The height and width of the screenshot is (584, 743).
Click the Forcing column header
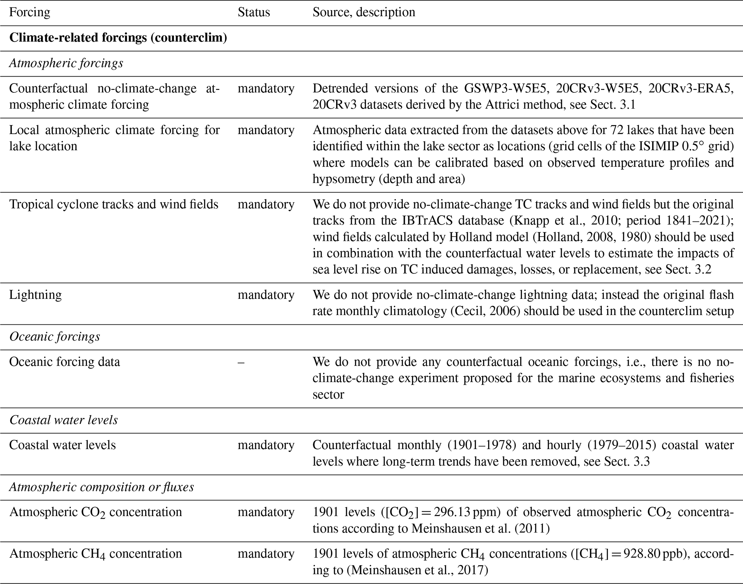(29, 12)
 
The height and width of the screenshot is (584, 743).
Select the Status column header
(254, 12)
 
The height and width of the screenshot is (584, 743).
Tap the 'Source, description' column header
(364, 12)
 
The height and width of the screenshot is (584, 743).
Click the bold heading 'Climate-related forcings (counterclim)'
(118, 38)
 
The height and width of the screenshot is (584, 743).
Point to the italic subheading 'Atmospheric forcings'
(66, 63)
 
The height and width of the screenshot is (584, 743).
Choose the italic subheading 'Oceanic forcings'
(55, 337)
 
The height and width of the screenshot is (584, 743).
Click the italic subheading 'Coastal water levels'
(64, 420)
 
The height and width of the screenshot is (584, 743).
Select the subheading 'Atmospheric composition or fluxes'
(102, 487)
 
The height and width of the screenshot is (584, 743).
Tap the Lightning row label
(36, 295)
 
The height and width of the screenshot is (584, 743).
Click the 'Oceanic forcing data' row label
(65, 362)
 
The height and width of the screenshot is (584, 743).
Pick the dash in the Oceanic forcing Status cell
(241, 362)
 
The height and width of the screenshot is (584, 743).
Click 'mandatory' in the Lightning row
(266, 295)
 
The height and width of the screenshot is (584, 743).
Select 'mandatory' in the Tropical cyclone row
(266, 204)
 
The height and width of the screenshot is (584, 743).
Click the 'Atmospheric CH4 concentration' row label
(96, 554)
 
